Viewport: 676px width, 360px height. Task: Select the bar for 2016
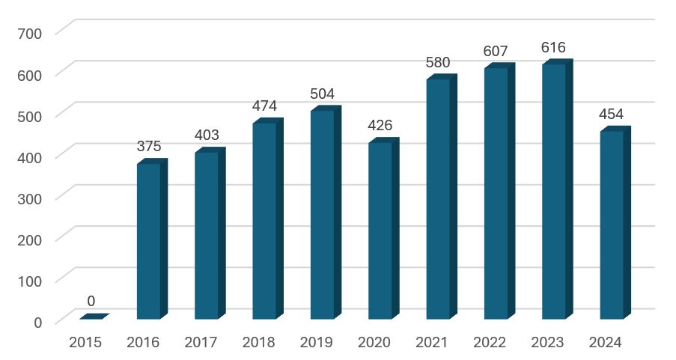pyautogui.click(x=149, y=241)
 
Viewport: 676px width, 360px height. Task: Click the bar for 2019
pyautogui.click(x=323, y=215)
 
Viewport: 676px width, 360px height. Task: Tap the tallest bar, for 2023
pyautogui.click(x=554, y=192)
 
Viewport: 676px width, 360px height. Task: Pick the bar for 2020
pyautogui.click(x=380, y=231)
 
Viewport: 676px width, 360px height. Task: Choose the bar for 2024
pyautogui.click(x=612, y=225)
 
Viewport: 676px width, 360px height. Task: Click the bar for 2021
pyautogui.click(x=438, y=199)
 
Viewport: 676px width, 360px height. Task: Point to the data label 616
pyautogui.click(x=554, y=48)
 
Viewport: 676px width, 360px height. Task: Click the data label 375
pyautogui.click(x=149, y=147)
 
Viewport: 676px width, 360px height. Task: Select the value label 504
pyautogui.click(x=323, y=94)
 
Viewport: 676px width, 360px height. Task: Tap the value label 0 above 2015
pyautogui.click(x=91, y=301)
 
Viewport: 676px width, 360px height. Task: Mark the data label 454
pyautogui.click(x=612, y=115)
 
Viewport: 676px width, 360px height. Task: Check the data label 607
pyautogui.click(x=496, y=52)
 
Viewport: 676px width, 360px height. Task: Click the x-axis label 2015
pyautogui.click(x=85, y=343)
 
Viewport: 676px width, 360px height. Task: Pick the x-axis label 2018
pyautogui.click(x=259, y=343)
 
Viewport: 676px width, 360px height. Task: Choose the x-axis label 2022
pyautogui.click(x=490, y=343)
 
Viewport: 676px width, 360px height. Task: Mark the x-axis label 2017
pyautogui.click(x=201, y=343)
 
